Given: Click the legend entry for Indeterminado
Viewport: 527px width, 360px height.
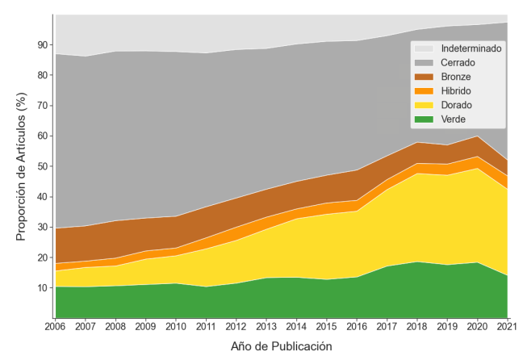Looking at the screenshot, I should pos(471,48).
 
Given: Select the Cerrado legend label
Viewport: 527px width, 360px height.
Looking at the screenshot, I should pos(458,63).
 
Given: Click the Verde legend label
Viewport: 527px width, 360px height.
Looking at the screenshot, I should pos(454,119).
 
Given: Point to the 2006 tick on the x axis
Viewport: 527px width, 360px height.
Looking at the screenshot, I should pos(55,327).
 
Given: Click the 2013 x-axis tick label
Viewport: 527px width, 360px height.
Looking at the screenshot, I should pos(266,327).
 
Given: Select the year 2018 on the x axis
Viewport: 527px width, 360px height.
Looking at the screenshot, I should pos(417,327).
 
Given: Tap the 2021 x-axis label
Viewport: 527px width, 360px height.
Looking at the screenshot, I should pos(508,327).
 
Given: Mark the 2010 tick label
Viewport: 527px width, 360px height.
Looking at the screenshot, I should pos(176,327).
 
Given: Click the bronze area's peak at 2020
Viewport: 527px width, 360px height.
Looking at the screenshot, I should pos(478,136).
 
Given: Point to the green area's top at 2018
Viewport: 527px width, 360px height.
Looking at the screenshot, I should pos(417,262).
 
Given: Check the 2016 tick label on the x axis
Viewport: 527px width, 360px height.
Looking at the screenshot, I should pos(357,327).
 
